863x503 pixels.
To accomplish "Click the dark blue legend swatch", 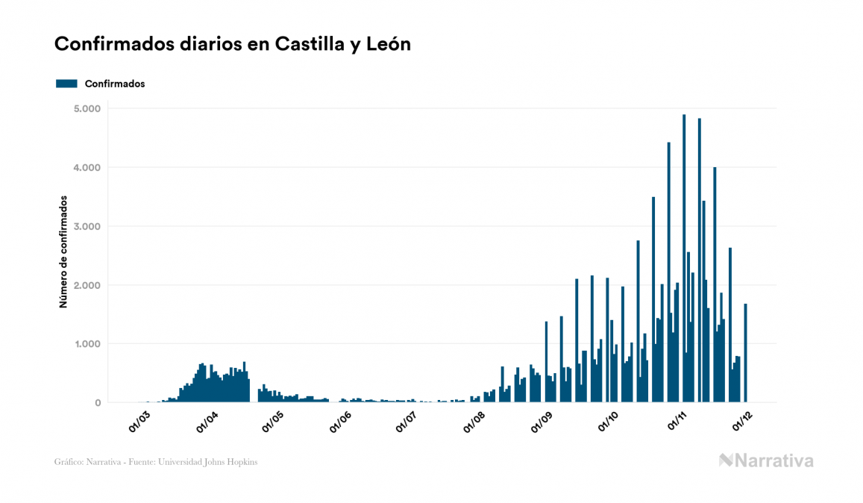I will click(66, 84).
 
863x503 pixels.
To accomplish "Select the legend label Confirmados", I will click(115, 84).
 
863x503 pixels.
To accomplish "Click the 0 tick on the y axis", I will click(97, 403).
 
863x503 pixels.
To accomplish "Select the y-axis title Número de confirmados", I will click(64, 252).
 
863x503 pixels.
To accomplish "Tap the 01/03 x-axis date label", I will click(139, 422).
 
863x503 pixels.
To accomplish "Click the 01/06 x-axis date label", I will click(340, 422).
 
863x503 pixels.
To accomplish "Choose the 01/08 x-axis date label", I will click(474, 422).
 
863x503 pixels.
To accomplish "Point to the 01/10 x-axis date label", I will click(609, 422).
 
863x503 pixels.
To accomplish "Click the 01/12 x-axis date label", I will click(741, 422).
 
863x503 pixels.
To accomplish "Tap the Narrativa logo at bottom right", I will click(766, 460).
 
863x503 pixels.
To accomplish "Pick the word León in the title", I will click(389, 45).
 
